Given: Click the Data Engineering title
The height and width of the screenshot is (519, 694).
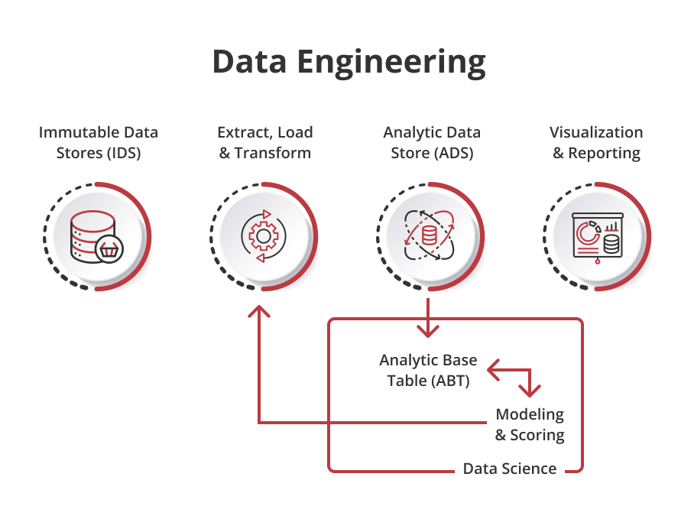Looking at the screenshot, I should [349, 62].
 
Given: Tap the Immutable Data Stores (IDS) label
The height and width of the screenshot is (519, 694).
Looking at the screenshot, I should [99, 142].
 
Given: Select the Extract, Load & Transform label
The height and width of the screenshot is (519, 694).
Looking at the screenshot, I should [264, 142].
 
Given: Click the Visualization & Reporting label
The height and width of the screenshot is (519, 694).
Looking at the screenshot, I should [595, 142].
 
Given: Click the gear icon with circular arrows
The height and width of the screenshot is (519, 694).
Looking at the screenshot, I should [263, 236].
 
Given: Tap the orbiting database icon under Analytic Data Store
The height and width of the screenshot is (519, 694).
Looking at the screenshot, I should [428, 236].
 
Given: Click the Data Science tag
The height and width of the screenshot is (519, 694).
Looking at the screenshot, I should [510, 469].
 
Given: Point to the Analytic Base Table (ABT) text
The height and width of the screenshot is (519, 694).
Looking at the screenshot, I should [428, 369].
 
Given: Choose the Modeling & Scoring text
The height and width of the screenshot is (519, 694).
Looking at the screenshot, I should [530, 425].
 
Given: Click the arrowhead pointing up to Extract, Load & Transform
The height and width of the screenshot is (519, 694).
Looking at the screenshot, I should [260, 312].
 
